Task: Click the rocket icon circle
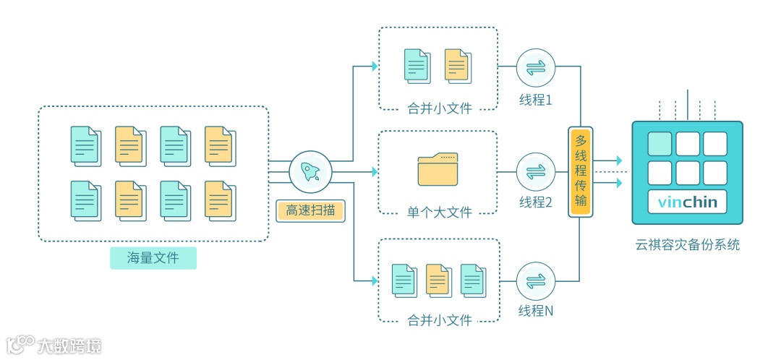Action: click(310, 171)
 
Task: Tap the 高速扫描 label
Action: click(310, 210)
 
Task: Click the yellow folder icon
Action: click(438, 170)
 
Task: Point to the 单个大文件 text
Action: click(439, 213)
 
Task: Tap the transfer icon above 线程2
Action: click(535, 172)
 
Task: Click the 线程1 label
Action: click(535, 100)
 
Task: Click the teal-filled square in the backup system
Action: click(660, 144)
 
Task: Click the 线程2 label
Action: click(535, 203)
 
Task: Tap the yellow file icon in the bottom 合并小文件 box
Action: click(438, 280)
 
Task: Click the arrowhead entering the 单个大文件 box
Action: click(374, 172)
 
